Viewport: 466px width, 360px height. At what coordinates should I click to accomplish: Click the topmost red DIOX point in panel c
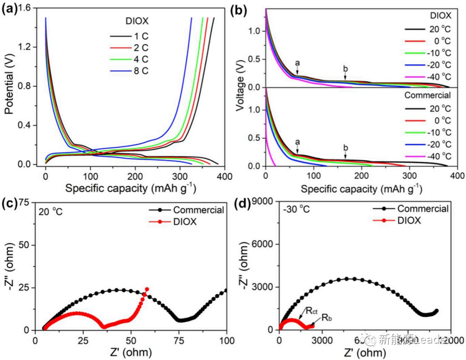point(147,289)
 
